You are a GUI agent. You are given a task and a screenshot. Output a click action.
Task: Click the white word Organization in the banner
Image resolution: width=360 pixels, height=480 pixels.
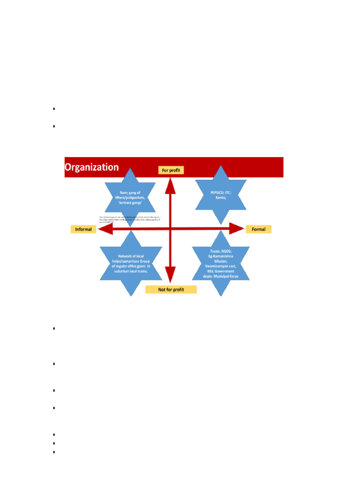[91, 167]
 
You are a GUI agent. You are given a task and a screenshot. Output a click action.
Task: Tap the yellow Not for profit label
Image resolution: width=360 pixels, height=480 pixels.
[171, 289]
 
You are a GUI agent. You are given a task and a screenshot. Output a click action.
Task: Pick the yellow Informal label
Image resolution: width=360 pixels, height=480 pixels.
[83, 229]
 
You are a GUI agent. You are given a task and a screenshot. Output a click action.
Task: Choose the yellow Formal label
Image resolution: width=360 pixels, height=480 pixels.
[258, 229]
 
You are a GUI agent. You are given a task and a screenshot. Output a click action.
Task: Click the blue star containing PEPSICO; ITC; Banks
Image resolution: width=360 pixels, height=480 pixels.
[221, 195]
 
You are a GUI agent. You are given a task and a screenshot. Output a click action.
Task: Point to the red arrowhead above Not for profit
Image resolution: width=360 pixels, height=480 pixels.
[170, 273]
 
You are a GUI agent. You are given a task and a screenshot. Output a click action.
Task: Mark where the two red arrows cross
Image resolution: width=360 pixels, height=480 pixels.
[170, 229]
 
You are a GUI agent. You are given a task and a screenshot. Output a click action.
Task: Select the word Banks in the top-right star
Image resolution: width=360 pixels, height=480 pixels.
[221, 197]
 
